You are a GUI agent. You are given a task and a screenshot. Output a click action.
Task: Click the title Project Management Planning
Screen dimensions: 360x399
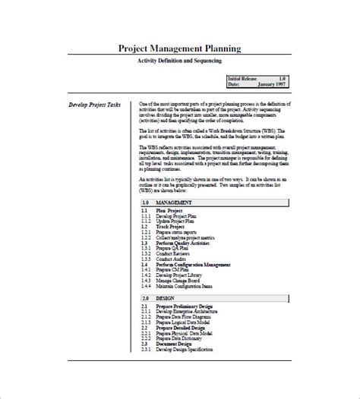(x=180, y=49)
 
